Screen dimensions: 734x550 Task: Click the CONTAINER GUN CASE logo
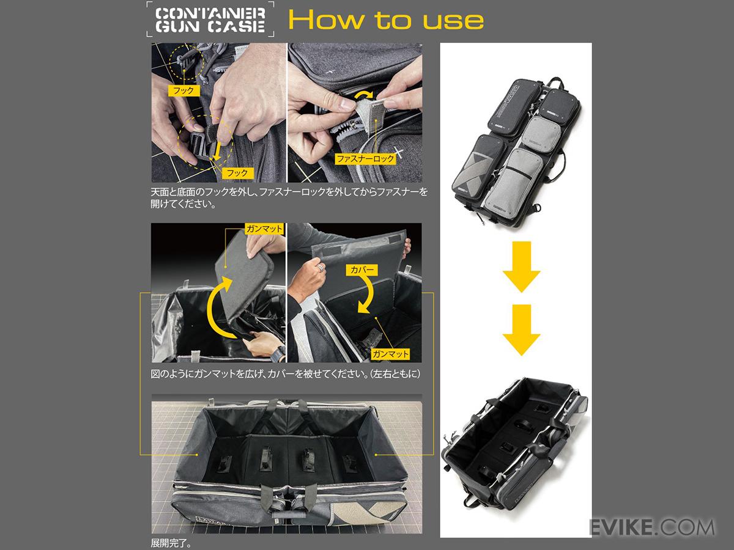click(x=210, y=20)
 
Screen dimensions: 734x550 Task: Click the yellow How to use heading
click(x=386, y=20)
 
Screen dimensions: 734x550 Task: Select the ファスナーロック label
click(x=365, y=158)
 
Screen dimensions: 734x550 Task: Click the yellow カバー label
click(x=362, y=270)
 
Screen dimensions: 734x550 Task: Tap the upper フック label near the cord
click(x=183, y=90)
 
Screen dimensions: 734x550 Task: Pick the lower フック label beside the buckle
click(x=237, y=173)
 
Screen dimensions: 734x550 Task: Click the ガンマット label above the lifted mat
click(x=264, y=229)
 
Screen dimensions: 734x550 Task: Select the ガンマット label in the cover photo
click(x=390, y=354)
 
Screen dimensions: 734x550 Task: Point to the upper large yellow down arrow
click(x=521, y=266)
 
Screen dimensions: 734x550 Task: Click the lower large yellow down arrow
click(x=521, y=329)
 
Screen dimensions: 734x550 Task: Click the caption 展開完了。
click(x=171, y=543)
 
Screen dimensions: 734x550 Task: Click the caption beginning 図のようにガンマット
click(x=285, y=373)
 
